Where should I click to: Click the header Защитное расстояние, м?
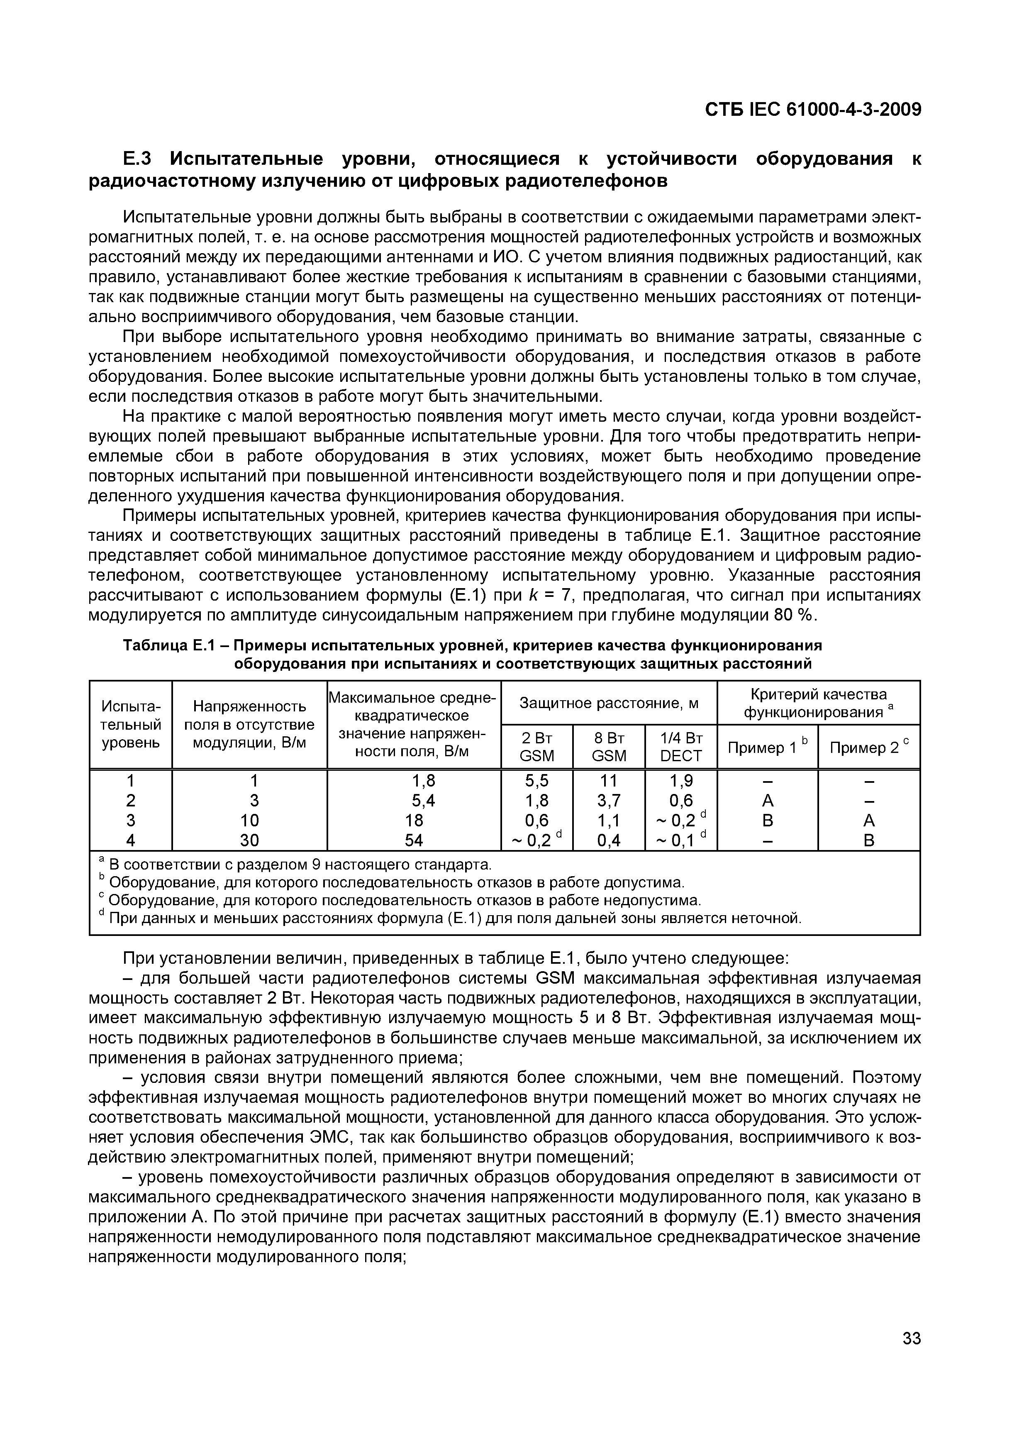pos(609,703)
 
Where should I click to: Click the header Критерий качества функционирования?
pos(818,703)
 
